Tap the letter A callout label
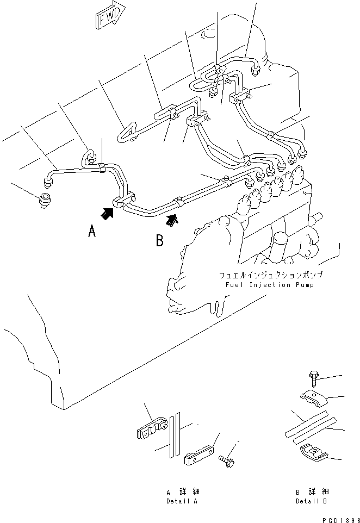coord(92,232)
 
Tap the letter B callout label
coord(159,240)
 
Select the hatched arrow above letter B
coord(172,220)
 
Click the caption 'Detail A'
coord(182,501)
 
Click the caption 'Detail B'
coord(312,501)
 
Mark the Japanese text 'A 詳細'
coord(182,492)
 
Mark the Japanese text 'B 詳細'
coord(312,492)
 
